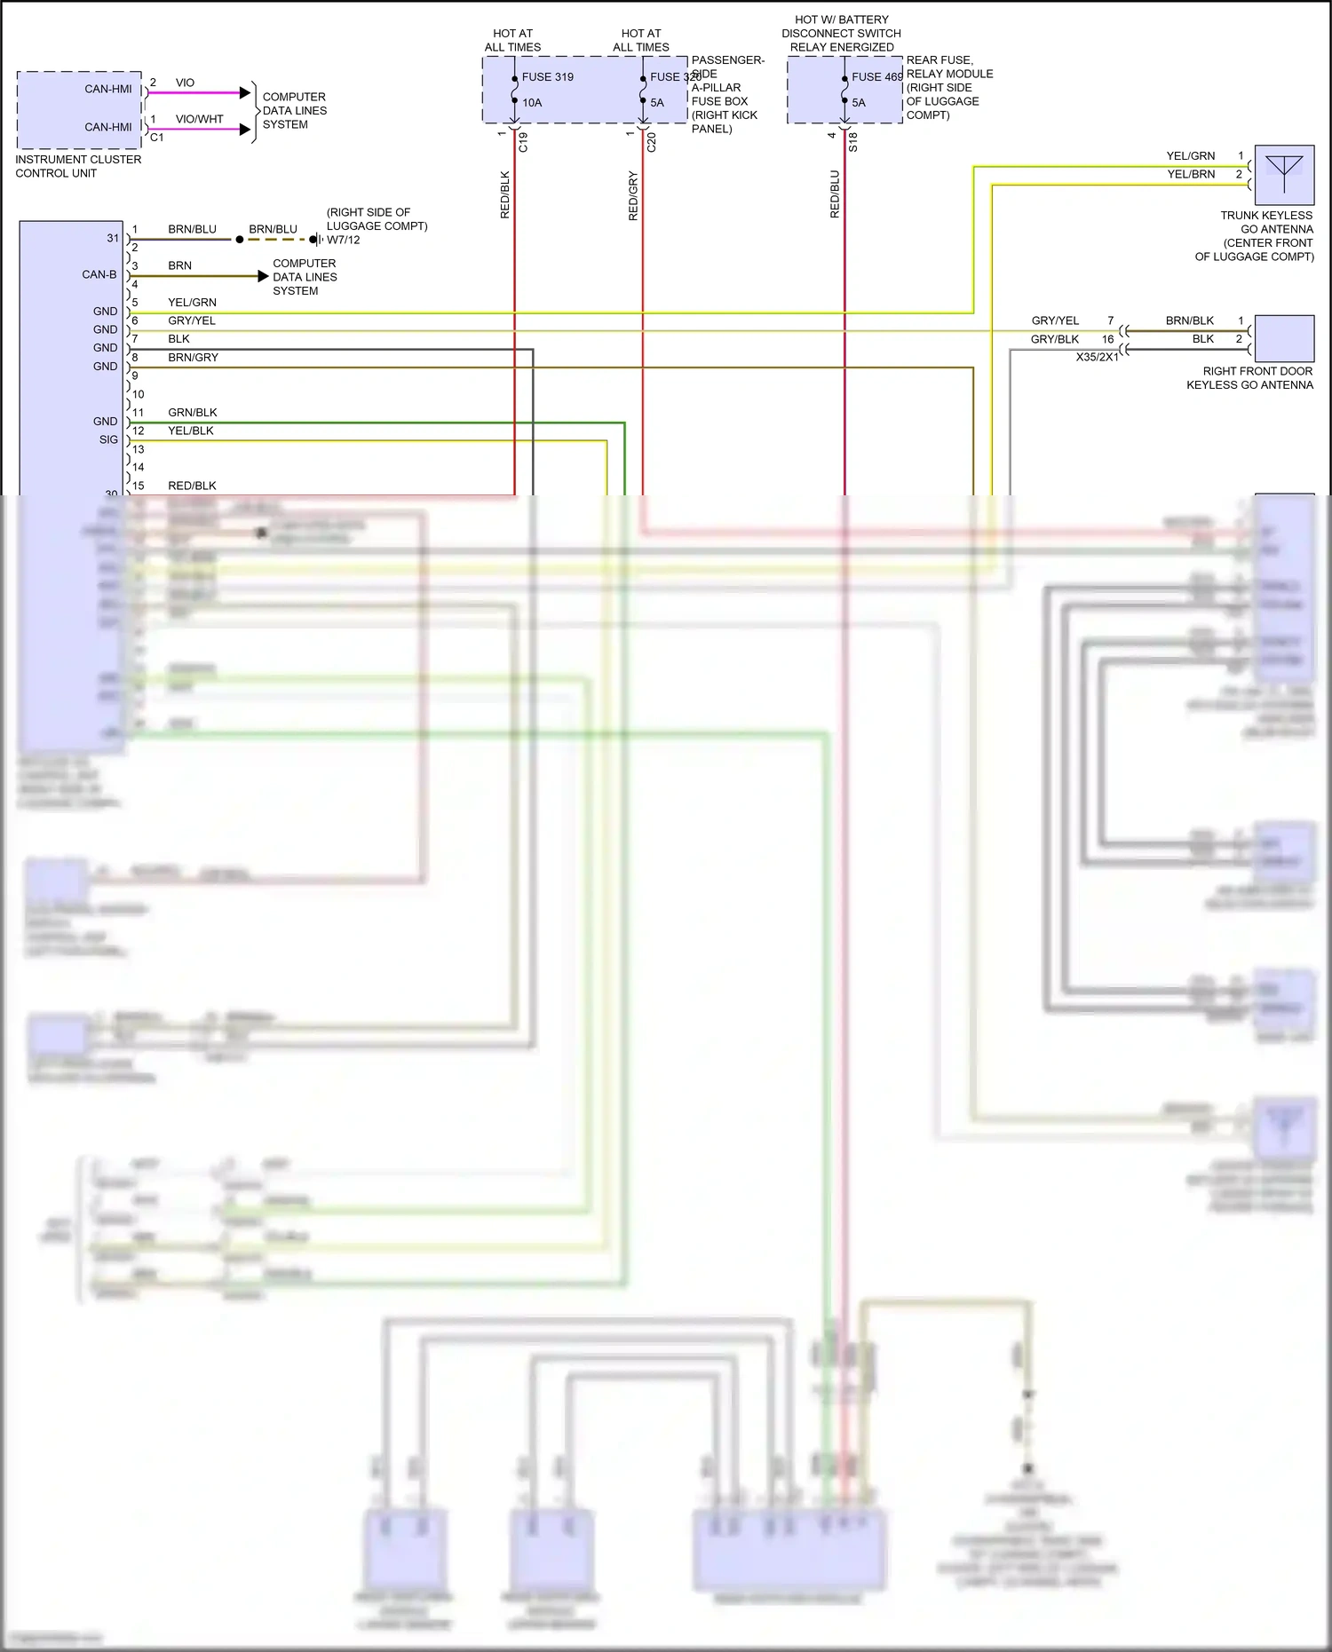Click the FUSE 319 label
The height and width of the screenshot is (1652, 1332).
point(547,77)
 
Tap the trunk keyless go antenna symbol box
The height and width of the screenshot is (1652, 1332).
point(1284,175)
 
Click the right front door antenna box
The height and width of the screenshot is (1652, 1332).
point(1284,338)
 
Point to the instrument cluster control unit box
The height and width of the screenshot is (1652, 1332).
point(79,110)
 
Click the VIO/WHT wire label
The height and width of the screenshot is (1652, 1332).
point(199,119)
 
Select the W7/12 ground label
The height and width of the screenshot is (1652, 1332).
point(344,240)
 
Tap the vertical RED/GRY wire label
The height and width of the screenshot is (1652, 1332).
point(633,195)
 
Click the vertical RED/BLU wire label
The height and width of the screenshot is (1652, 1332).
point(835,194)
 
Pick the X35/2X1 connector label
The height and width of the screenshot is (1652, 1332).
point(1097,357)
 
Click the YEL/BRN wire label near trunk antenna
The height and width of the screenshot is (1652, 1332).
point(1190,174)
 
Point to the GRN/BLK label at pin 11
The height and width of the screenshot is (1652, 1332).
point(192,412)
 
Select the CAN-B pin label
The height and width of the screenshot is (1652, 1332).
point(99,274)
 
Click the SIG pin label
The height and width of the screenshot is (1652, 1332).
point(108,439)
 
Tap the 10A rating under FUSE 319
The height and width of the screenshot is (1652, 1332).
point(532,103)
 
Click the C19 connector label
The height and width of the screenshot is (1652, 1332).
point(523,142)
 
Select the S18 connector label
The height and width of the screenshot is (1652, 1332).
point(853,142)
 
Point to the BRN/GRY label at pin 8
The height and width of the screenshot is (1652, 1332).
point(193,357)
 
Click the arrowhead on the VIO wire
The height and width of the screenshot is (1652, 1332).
point(246,92)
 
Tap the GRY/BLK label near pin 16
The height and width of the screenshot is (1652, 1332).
point(1054,339)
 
